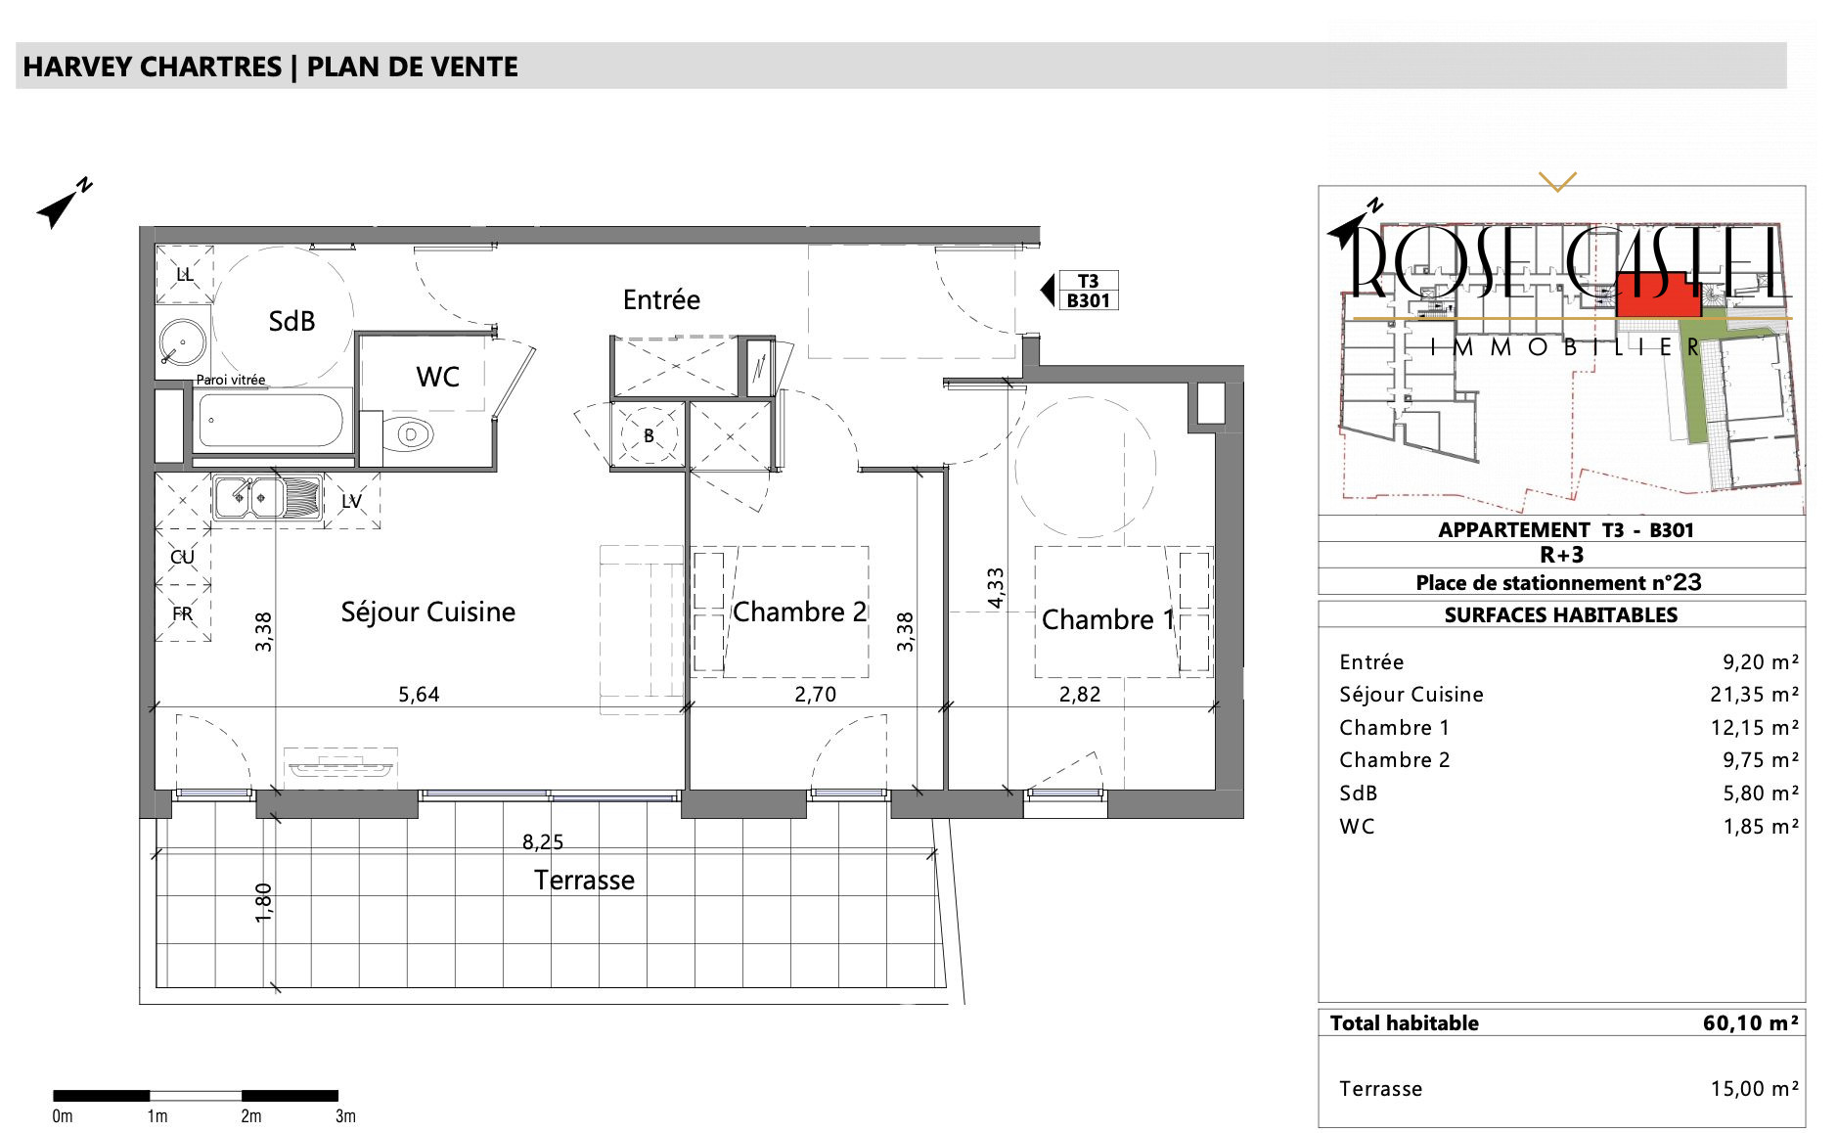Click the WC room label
[x=437, y=377]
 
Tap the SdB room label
[x=291, y=321]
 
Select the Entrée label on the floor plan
[x=661, y=299]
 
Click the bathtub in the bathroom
[x=271, y=421]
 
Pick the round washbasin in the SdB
[x=183, y=344]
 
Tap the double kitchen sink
[x=250, y=498]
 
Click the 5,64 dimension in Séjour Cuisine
[x=419, y=695]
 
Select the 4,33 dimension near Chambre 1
[x=996, y=588]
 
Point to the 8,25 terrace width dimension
[x=543, y=841]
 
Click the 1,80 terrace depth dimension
[x=263, y=902]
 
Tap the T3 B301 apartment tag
[x=1088, y=291]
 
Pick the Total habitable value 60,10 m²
[x=1751, y=1023]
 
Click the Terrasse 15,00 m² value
[x=1755, y=1089]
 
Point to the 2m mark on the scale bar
[x=251, y=1116]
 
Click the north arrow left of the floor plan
[x=65, y=204]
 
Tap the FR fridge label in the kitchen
[x=183, y=613]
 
